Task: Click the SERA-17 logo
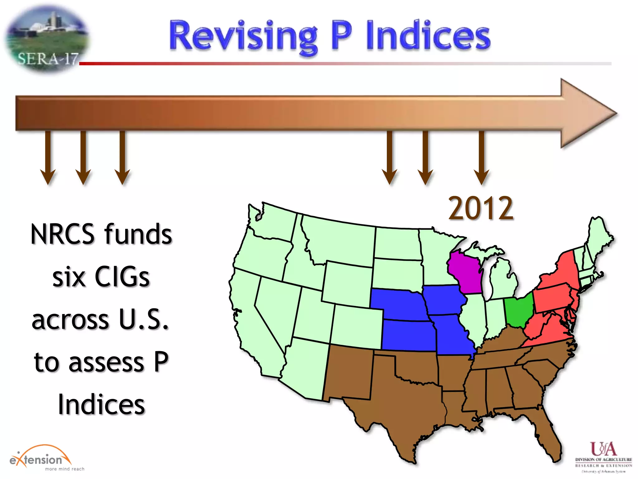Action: [x=47, y=39]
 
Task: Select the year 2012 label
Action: [x=481, y=208]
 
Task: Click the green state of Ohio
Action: [x=519, y=310]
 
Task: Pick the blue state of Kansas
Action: [x=407, y=335]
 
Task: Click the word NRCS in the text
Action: [x=62, y=235]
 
